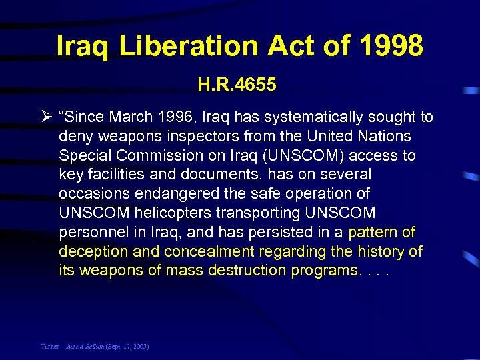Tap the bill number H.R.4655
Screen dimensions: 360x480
[x=237, y=85]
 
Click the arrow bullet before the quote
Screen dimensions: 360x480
[x=47, y=118]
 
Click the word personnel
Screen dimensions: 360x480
[x=90, y=233]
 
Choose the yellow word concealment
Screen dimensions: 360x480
[x=201, y=251]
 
